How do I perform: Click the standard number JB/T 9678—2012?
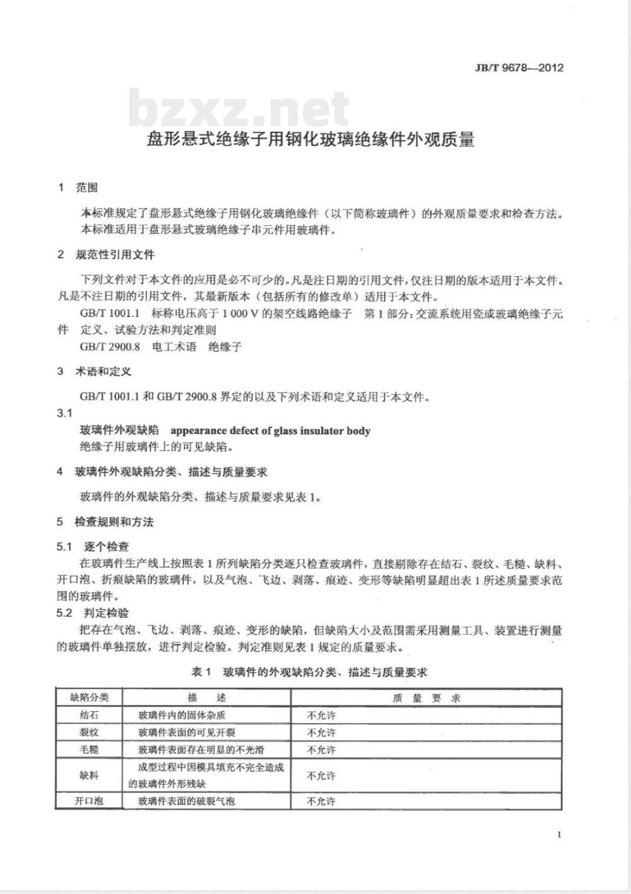(x=519, y=68)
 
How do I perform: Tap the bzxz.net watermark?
(x=239, y=110)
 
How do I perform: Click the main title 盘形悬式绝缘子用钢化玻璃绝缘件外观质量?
(x=310, y=139)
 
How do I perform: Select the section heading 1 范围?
(x=78, y=187)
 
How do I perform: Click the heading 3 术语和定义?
(x=95, y=371)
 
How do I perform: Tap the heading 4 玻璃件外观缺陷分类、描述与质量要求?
(x=162, y=472)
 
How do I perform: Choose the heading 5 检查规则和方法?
(x=105, y=521)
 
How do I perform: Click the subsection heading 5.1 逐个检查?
(x=93, y=546)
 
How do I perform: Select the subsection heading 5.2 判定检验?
(x=93, y=613)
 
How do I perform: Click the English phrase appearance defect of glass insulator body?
(x=271, y=431)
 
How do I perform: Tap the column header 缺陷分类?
(x=90, y=697)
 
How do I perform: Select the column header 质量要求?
(x=427, y=698)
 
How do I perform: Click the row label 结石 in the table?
(x=89, y=716)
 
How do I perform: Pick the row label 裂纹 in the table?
(x=89, y=733)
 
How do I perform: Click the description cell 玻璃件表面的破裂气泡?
(x=187, y=801)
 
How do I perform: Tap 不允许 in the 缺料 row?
(x=321, y=776)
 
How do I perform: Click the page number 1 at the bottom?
(x=559, y=835)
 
